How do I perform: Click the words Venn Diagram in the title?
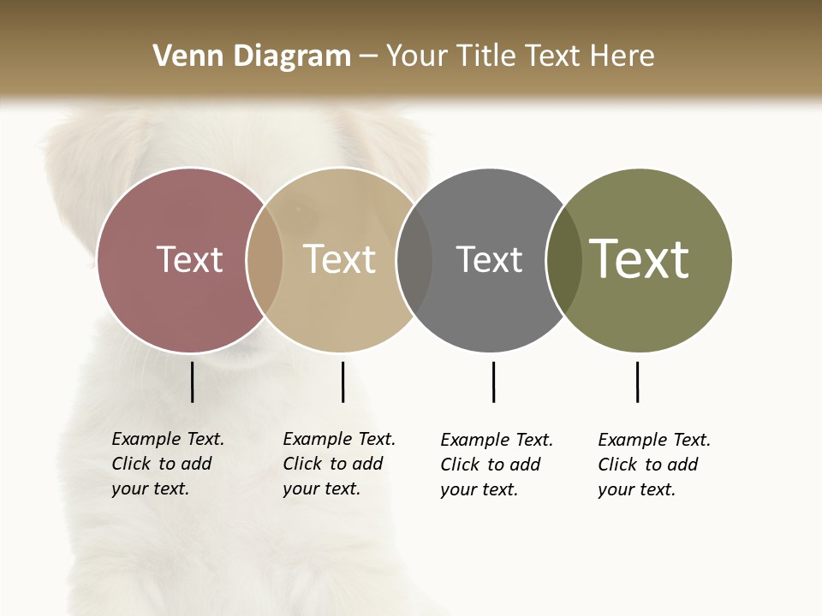(x=252, y=56)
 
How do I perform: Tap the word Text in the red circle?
(x=189, y=259)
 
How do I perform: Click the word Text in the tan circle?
(x=340, y=259)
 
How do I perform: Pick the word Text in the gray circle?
(x=489, y=259)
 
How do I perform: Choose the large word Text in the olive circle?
(x=640, y=259)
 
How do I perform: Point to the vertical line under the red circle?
(x=193, y=382)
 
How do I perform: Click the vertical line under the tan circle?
(x=342, y=382)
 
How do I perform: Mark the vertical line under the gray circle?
(x=493, y=382)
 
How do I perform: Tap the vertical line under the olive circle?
(x=637, y=382)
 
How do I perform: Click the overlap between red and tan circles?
(x=265, y=260)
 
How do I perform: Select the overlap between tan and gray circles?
(x=414, y=260)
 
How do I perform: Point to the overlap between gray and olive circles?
(x=563, y=260)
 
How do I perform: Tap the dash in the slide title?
(x=368, y=56)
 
